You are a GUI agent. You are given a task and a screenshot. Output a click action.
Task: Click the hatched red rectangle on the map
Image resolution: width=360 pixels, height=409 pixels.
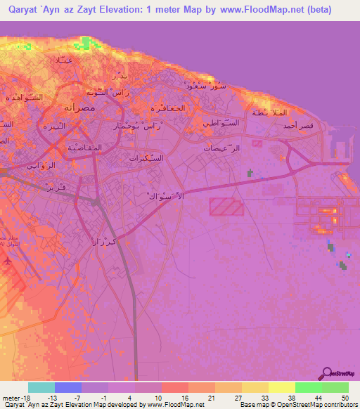226,207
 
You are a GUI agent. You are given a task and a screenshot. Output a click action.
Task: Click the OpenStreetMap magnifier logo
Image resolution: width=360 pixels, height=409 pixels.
328,375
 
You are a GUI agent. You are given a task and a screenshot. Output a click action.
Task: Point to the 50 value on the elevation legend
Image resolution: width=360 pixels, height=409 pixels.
344,397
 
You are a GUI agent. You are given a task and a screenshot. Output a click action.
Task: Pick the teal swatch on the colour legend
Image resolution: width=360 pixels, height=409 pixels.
41,387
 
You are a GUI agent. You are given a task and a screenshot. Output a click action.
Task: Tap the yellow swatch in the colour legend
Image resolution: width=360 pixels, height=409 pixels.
281,387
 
